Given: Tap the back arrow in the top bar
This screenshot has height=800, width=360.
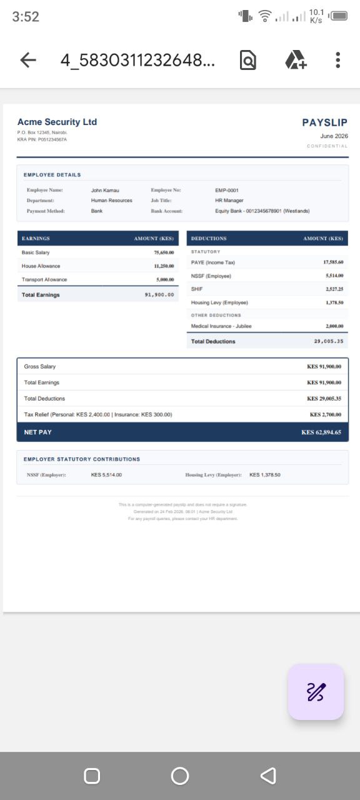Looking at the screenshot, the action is [28, 60].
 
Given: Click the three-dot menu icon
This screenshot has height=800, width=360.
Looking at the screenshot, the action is [337, 60].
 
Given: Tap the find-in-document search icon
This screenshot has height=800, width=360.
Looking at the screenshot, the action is [248, 60].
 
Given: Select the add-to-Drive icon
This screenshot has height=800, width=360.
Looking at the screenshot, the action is [295, 60].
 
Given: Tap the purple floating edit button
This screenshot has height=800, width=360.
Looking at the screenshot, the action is [316, 692].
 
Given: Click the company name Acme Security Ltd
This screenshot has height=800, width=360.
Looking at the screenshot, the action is [57, 122].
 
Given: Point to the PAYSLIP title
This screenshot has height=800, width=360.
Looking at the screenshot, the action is [324, 122].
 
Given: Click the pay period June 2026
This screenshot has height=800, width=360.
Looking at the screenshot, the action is [334, 136].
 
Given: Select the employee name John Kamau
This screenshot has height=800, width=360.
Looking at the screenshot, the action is [105, 190].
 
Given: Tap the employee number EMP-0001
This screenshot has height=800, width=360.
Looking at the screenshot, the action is [227, 190].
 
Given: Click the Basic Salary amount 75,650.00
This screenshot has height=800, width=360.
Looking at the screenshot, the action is [164, 252].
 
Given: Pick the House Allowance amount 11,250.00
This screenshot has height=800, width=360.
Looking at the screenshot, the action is [164, 266].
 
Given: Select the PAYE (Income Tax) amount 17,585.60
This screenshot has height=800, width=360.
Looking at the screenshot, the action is [333, 262].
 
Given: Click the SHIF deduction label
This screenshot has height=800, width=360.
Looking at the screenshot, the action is [197, 289].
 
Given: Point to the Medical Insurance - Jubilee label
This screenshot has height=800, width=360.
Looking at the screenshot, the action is [221, 326].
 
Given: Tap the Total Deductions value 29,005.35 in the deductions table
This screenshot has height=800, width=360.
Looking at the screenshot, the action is [328, 342].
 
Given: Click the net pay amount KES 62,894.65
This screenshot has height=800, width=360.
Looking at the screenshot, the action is [321, 432].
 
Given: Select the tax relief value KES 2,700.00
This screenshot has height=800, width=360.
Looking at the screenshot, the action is [325, 414].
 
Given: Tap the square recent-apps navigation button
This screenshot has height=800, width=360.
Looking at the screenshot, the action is [92, 776].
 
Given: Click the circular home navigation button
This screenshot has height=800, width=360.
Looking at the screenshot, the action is [180, 776].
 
